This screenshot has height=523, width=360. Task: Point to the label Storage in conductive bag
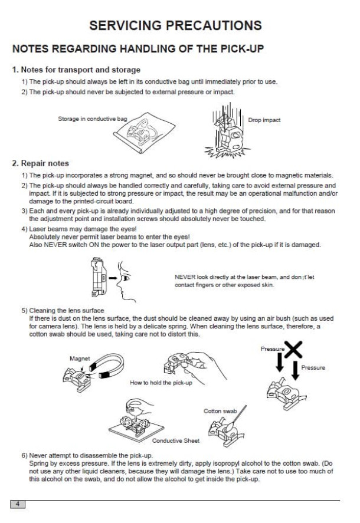92,119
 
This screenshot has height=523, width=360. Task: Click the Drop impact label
264,120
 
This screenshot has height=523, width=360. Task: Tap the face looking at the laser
122,277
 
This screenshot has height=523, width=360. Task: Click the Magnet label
79,358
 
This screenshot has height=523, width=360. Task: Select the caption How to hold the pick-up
161,383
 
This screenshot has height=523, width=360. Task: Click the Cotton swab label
220,411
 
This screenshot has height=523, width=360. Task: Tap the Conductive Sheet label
176,440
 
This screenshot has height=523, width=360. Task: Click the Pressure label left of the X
272,349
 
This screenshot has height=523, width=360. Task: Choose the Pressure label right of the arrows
313,368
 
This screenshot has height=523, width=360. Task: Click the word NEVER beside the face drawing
184,277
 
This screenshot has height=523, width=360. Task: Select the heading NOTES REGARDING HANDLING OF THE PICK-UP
138,48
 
